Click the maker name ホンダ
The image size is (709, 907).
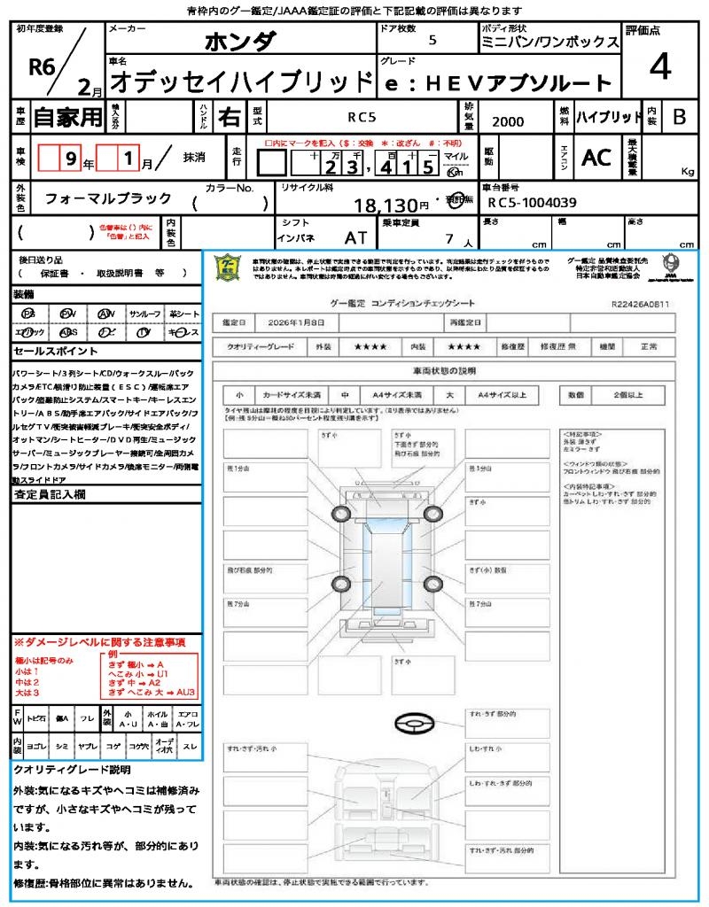[x=240, y=41]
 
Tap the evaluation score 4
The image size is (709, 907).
[x=658, y=68]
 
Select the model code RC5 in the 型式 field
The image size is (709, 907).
[x=361, y=116]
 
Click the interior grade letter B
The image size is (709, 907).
[x=678, y=116]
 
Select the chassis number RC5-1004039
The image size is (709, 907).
[x=532, y=203]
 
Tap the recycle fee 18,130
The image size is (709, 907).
[x=392, y=205]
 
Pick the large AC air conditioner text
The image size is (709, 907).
[x=596, y=157]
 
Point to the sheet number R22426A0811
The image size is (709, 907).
[x=640, y=303]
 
